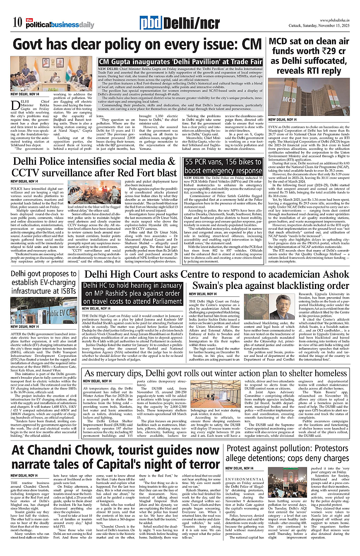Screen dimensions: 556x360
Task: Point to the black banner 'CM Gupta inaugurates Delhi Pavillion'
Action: coord(180,62)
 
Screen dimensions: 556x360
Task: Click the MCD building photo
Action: coord(309,97)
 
